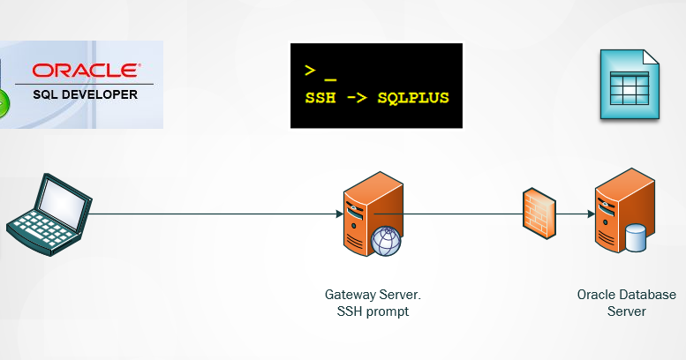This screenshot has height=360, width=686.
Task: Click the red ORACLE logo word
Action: coord(85,70)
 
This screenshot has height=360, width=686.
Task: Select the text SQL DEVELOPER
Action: coord(85,93)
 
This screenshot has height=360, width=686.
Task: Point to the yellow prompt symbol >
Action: coord(309,71)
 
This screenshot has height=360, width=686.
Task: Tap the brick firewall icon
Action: coord(539,211)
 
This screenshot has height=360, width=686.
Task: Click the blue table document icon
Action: coord(629,86)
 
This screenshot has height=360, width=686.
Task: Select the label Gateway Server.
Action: coord(379,295)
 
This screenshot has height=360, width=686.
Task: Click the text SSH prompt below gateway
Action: coord(379,311)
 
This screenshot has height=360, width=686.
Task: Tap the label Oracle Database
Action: coord(626,295)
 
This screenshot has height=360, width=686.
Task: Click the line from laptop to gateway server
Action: coord(212,214)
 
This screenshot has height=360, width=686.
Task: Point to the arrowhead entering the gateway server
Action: coord(339,214)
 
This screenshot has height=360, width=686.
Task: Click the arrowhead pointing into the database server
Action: coord(588,214)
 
